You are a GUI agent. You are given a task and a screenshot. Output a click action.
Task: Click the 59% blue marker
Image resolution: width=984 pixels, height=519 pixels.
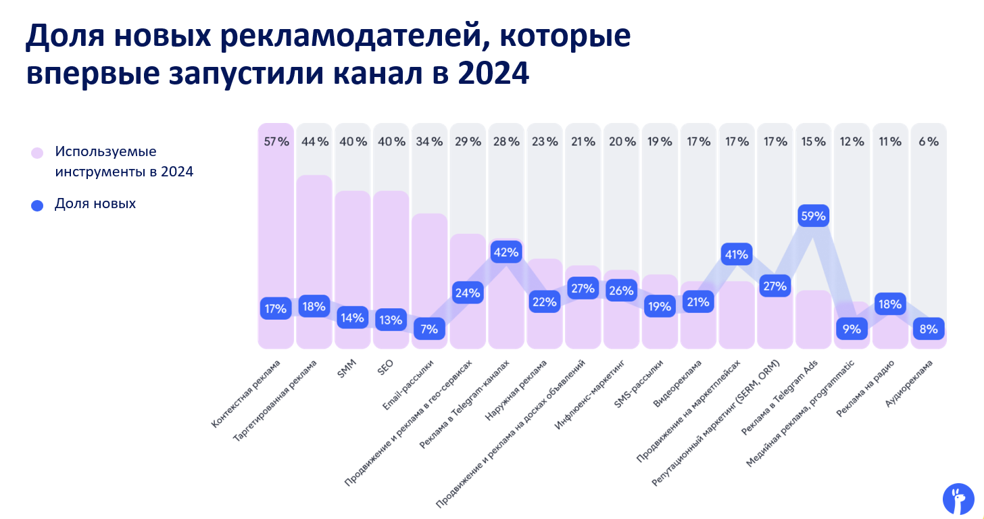[x=813, y=217]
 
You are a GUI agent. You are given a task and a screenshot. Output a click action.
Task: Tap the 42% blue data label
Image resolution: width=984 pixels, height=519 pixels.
[x=506, y=253]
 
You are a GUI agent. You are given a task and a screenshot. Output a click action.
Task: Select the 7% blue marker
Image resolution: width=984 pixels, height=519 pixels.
[x=429, y=329]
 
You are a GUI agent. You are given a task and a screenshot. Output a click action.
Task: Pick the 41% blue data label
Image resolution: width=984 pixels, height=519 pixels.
[x=737, y=255]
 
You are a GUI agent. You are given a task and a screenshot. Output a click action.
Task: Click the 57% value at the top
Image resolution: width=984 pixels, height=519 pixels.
[x=276, y=142]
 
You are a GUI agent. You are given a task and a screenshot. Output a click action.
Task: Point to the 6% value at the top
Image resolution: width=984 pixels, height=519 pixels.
[x=929, y=142]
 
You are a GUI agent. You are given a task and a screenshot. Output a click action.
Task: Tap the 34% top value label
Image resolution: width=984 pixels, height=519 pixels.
[x=429, y=142]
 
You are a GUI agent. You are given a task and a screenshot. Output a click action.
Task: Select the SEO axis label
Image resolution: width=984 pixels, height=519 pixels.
[x=385, y=369]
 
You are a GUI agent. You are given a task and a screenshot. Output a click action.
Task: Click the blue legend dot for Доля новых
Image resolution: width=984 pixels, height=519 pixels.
[x=37, y=205]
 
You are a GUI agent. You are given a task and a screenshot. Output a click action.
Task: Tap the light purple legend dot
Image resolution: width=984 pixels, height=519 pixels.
[x=37, y=153]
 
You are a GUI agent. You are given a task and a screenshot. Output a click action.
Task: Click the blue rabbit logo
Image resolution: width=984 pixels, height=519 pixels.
[x=958, y=499]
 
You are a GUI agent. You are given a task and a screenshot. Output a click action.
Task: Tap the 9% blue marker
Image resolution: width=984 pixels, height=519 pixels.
[x=852, y=329]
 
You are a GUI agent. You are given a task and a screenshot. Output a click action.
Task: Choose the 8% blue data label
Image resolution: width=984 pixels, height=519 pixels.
[x=929, y=329]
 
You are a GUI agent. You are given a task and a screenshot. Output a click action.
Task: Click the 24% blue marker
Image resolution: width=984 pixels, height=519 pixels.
[x=468, y=293]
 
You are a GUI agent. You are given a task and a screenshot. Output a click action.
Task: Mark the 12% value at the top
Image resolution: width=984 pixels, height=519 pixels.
[x=852, y=142]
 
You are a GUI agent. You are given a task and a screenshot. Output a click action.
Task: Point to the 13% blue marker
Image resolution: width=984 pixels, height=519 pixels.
[x=391, y=320]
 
